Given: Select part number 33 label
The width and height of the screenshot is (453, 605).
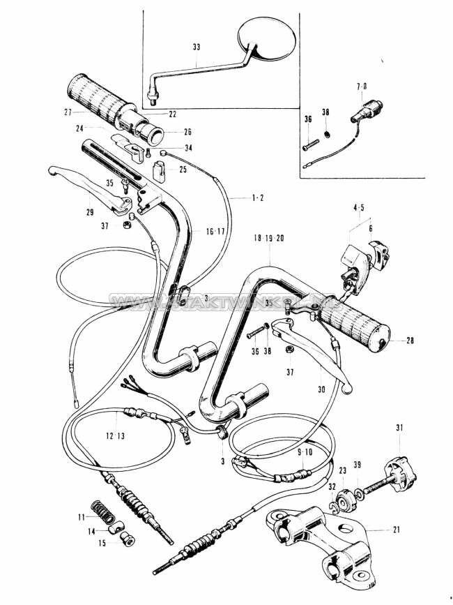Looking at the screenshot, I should pyautogui.click(x=196, y=47).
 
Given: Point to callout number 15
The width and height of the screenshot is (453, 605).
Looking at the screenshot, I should pyautogui.click(x=101, y=542).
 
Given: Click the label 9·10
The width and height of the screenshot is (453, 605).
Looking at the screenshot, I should pyautogui.click(x=305, y=452).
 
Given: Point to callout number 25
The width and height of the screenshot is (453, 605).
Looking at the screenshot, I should pyautogui.click(x=183, y=170).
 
